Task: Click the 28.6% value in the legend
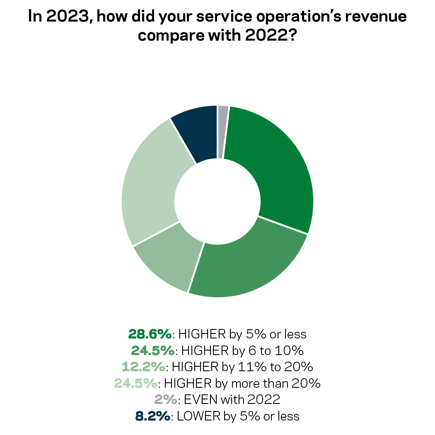(150, 333)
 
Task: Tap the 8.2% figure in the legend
(152, 416)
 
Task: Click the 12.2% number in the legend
(144, 367)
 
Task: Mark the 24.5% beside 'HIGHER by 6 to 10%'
(153, 350)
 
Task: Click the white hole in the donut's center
(217, 201)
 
